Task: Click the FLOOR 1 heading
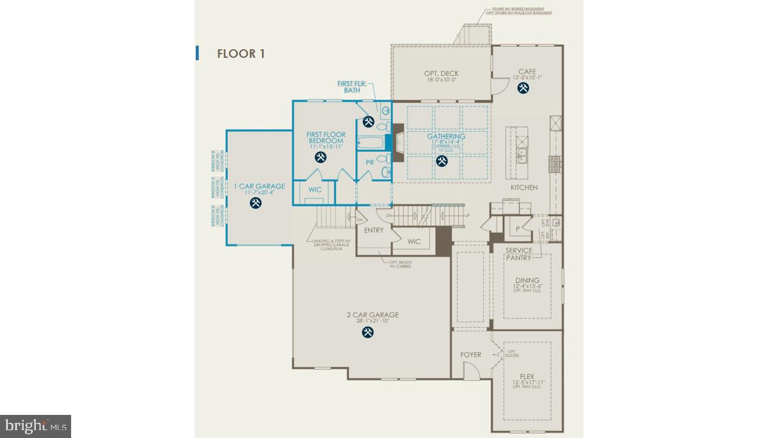coord(241,54)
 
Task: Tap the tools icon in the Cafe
coord(523,88)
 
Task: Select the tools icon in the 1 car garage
coord(256,203)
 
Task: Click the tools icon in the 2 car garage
coord(368,332)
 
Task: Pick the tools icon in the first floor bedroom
coord(321,158)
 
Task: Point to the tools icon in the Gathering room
coord(442,161)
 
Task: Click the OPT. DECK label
coord(441,74)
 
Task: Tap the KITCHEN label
coord(523,187)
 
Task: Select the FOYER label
coord(470,355)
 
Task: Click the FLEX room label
coord(527,377)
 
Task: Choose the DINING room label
coord(527,280)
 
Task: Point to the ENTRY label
coord(374,230)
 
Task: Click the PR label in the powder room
coord(370,162)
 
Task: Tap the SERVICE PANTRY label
coord(518,254)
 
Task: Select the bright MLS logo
coord(35,426)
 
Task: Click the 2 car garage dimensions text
coord(373,321)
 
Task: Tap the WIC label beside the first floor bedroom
coord(315,190)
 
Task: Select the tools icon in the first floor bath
coord(368,122)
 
